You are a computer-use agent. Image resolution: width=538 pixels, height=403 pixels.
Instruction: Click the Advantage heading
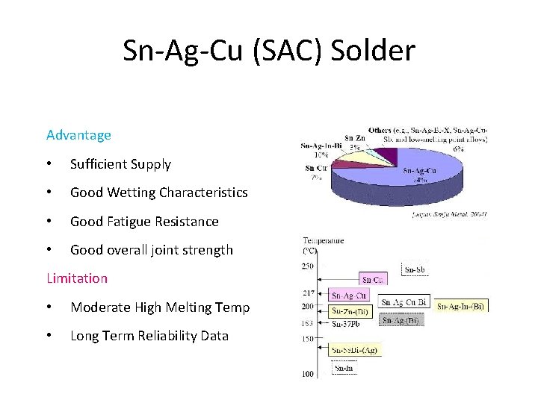(78, 135)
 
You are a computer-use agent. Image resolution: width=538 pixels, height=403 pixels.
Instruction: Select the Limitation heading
(77, 278)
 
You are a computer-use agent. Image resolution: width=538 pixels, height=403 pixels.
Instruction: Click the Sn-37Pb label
(347, 323)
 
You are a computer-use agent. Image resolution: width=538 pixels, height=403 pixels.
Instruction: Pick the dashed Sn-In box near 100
(344, 368)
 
